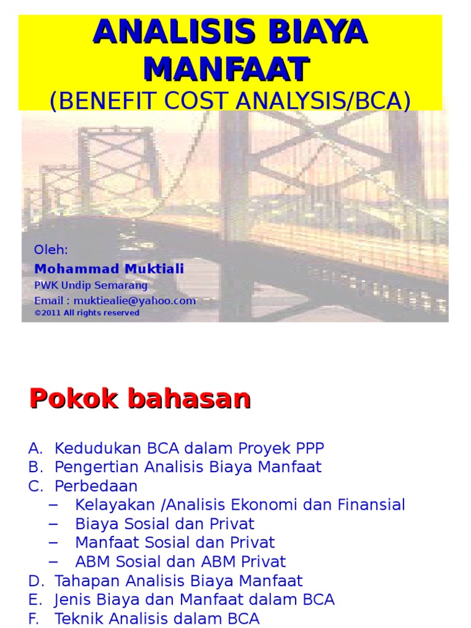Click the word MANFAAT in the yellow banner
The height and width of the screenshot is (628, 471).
227,69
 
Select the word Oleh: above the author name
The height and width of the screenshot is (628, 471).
51,250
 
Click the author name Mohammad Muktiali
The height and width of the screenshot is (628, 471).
109,269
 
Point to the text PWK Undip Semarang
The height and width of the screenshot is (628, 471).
91,285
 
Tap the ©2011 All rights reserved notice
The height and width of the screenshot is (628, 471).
87,313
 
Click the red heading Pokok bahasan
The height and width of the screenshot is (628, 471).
140,399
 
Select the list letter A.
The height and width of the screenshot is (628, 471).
34,448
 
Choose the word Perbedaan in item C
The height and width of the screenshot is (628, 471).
96,486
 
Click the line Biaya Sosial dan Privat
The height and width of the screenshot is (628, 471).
164,524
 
